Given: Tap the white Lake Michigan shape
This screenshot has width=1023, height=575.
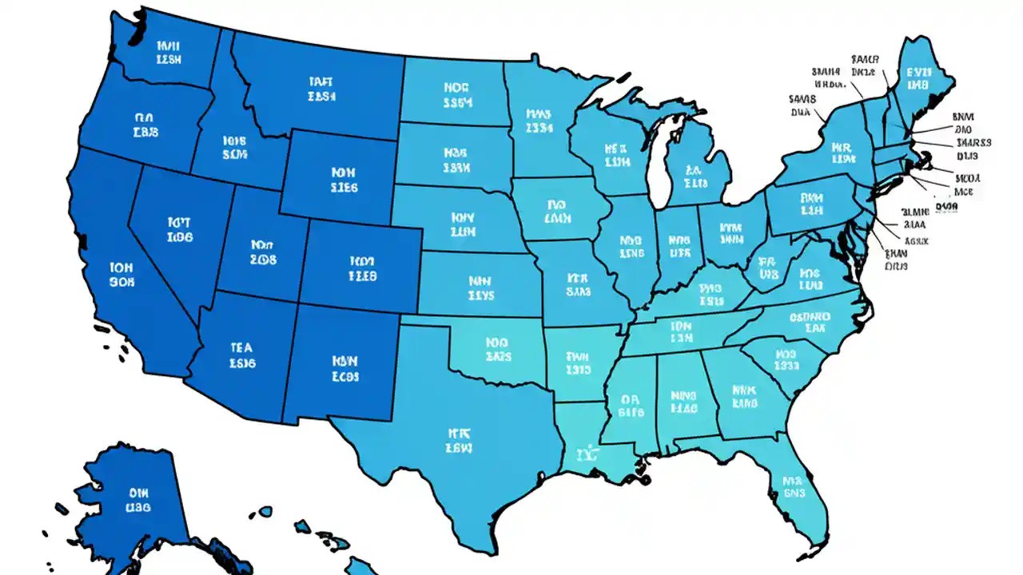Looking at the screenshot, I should pos(659,164).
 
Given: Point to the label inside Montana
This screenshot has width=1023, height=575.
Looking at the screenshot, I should pos(322,89).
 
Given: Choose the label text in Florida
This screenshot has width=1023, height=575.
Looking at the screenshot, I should pos(793,488).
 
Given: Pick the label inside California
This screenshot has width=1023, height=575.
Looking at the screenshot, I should pos(122,274).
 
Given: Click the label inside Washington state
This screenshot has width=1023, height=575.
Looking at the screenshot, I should pos(169,52).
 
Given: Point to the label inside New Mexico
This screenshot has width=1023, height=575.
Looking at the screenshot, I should pos(344,368).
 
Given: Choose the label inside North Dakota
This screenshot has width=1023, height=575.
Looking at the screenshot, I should pos(458,94).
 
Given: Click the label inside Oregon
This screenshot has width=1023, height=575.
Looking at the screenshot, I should pos(145,124).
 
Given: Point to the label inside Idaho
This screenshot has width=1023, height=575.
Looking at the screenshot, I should pos(234,147).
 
